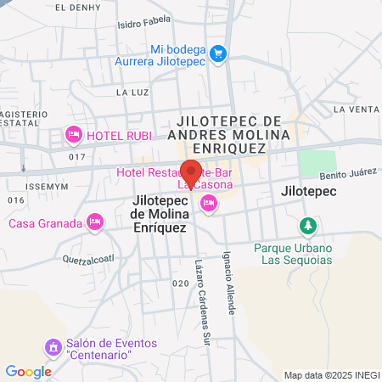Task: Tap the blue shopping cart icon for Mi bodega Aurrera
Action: pyautogui.click(x=218, y=53)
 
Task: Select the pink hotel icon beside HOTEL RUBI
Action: pyautogui.click(x=74, y=135)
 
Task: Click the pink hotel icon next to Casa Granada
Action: pyautogui.click(x=95, y=222)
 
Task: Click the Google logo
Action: pyautogui.click(x=28, y=371)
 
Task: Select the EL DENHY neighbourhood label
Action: pyautogui.click(x=72, y=7)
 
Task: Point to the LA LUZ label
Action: pyautogui.click(x=132, y=92)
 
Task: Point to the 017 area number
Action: pyautogui.click(x=78, y=156)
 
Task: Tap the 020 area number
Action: pyautogui.click(x=180, y=284)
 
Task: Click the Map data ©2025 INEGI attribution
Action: pyautogui.click(x=332, y=374)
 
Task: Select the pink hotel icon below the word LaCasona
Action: pyautogui.click(x=208, y=202)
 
